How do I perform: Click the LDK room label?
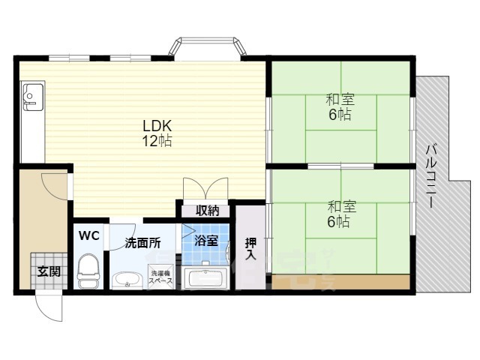click(157, 125)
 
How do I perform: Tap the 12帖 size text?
click(157, 140)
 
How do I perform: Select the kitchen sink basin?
click(33, 97)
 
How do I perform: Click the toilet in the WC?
click(88, 270)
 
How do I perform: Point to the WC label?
click(89, 235)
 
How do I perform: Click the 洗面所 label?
click(142, 243)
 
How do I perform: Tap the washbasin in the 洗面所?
click(127, 280)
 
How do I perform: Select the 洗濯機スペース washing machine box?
click(160, 277)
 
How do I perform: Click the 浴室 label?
click(206, 241)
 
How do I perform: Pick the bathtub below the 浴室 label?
click(205, 278)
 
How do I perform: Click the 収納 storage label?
click(208, 211)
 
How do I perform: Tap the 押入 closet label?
click(250, 248)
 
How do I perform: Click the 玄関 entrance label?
click(49, 271)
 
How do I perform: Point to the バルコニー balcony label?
click(431, 176)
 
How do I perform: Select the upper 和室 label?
click(340, 100)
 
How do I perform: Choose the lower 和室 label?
click(342, 207)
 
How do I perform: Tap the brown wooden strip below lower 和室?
click(340, 282)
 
